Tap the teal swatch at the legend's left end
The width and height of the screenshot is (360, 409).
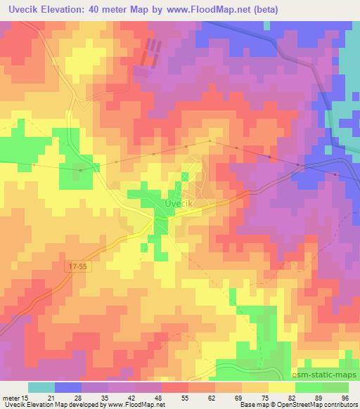41,387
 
